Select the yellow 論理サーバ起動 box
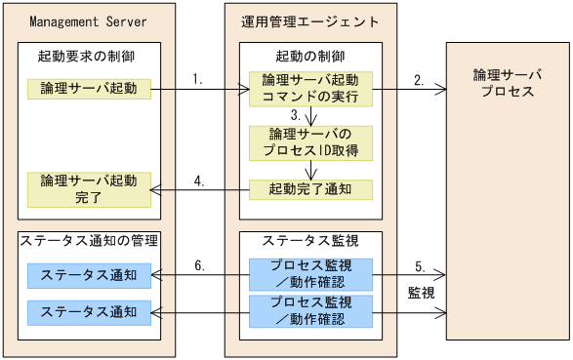click(89, 91)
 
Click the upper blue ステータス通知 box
click(89, 275)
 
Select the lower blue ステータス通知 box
click(89, 312)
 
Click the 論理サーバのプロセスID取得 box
click(310, 143)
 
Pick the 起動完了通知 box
click(310, 188)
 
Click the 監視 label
click(422, 291)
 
